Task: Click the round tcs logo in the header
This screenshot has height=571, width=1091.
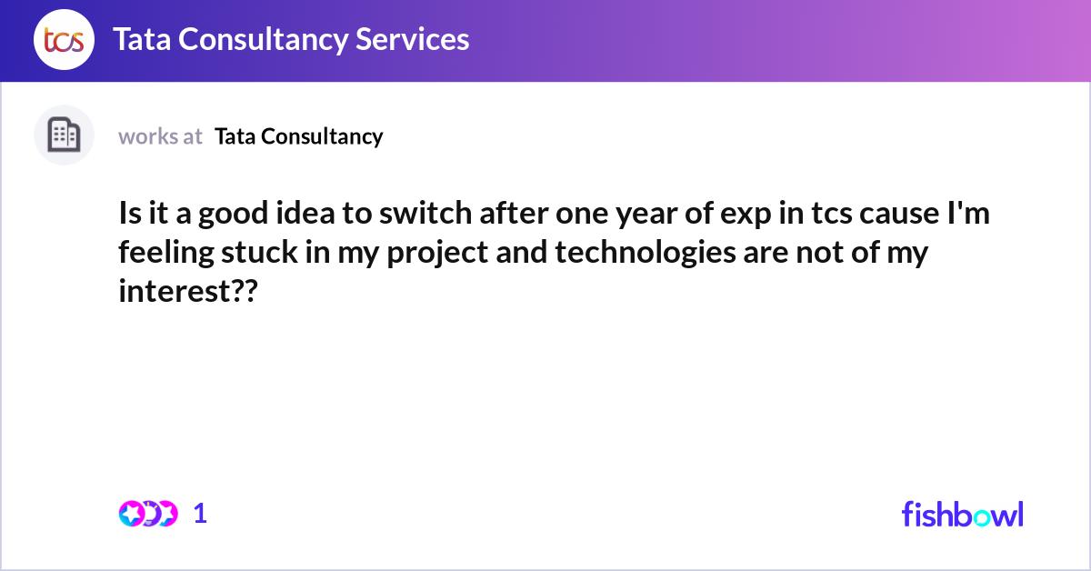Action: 64,39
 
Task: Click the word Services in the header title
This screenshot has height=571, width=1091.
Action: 412,39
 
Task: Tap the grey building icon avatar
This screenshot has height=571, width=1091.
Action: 64,135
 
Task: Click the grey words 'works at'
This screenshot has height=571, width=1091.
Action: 160,136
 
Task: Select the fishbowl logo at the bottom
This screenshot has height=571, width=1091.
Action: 963,514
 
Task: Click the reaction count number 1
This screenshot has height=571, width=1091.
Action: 200,514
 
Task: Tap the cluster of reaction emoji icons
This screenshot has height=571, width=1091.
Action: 148,514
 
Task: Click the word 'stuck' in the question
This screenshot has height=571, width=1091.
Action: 259,253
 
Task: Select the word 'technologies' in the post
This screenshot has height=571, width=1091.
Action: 646,253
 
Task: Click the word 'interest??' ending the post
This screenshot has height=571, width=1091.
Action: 188,291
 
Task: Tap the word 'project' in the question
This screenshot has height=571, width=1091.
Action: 437,254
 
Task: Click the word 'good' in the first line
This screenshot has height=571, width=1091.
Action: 233,215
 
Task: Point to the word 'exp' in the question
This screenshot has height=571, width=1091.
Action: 746,215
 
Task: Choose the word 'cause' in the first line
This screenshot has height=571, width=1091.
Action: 899,215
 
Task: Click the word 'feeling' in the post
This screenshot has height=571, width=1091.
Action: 166,254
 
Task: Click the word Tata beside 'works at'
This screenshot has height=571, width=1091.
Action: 235,136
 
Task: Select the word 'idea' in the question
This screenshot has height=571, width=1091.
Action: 305,214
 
